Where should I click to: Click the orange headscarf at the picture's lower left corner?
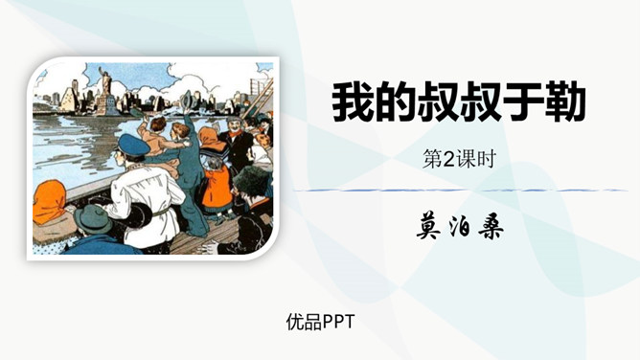tap(50, 204)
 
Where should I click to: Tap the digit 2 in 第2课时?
tap(443, 160)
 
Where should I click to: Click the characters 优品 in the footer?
tap(303, 322)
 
